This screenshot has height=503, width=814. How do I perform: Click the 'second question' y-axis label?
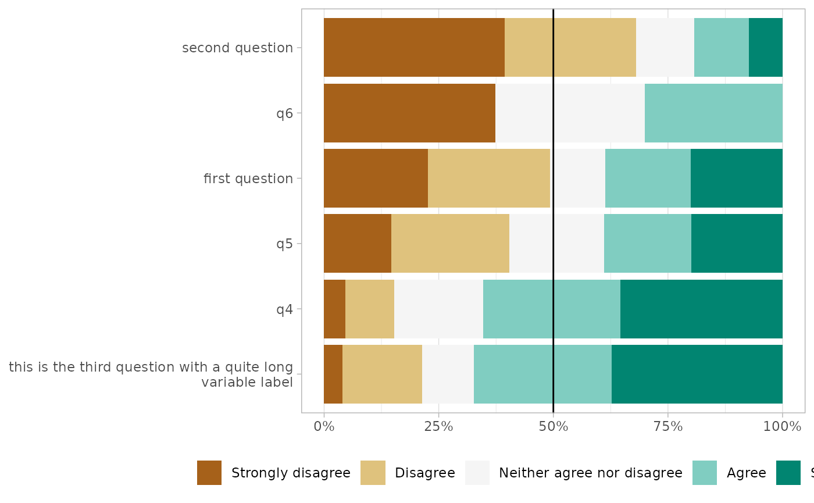[x=237, y=48]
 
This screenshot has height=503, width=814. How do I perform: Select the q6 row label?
[x=284, y=113]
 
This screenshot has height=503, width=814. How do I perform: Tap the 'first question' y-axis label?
[x=248, y=179]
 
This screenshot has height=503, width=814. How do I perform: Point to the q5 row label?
[x=284, y=244]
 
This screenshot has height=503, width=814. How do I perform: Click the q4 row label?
[x=284, y=309]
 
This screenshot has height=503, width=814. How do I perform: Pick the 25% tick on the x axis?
[x=438, y=427]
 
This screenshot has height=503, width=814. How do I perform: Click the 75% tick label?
[x=667, y=427]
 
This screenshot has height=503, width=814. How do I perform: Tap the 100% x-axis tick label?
[x=782, y=427]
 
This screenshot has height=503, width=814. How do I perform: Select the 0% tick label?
[x=324, y=427]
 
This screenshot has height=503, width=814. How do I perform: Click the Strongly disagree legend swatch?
[x=209, y=473]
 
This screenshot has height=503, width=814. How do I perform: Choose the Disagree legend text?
[x=424, y=473]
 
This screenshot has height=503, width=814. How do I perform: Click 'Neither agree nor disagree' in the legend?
[x=590, y=473]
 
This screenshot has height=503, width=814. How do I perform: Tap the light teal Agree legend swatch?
[x=705, y=473]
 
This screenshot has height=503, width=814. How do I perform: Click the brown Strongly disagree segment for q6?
[x=409, y=113]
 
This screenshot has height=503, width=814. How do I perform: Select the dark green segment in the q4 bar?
[x=701, y=309]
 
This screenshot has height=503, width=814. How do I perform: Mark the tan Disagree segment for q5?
[x=450, y=243]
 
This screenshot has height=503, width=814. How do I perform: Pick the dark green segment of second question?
[x=765, y=47]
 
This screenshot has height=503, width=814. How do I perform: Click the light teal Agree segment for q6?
[x=713, y=113]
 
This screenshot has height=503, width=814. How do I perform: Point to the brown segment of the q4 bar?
[x=334, y=309]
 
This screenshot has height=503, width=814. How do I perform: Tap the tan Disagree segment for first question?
[x=489, y=178]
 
